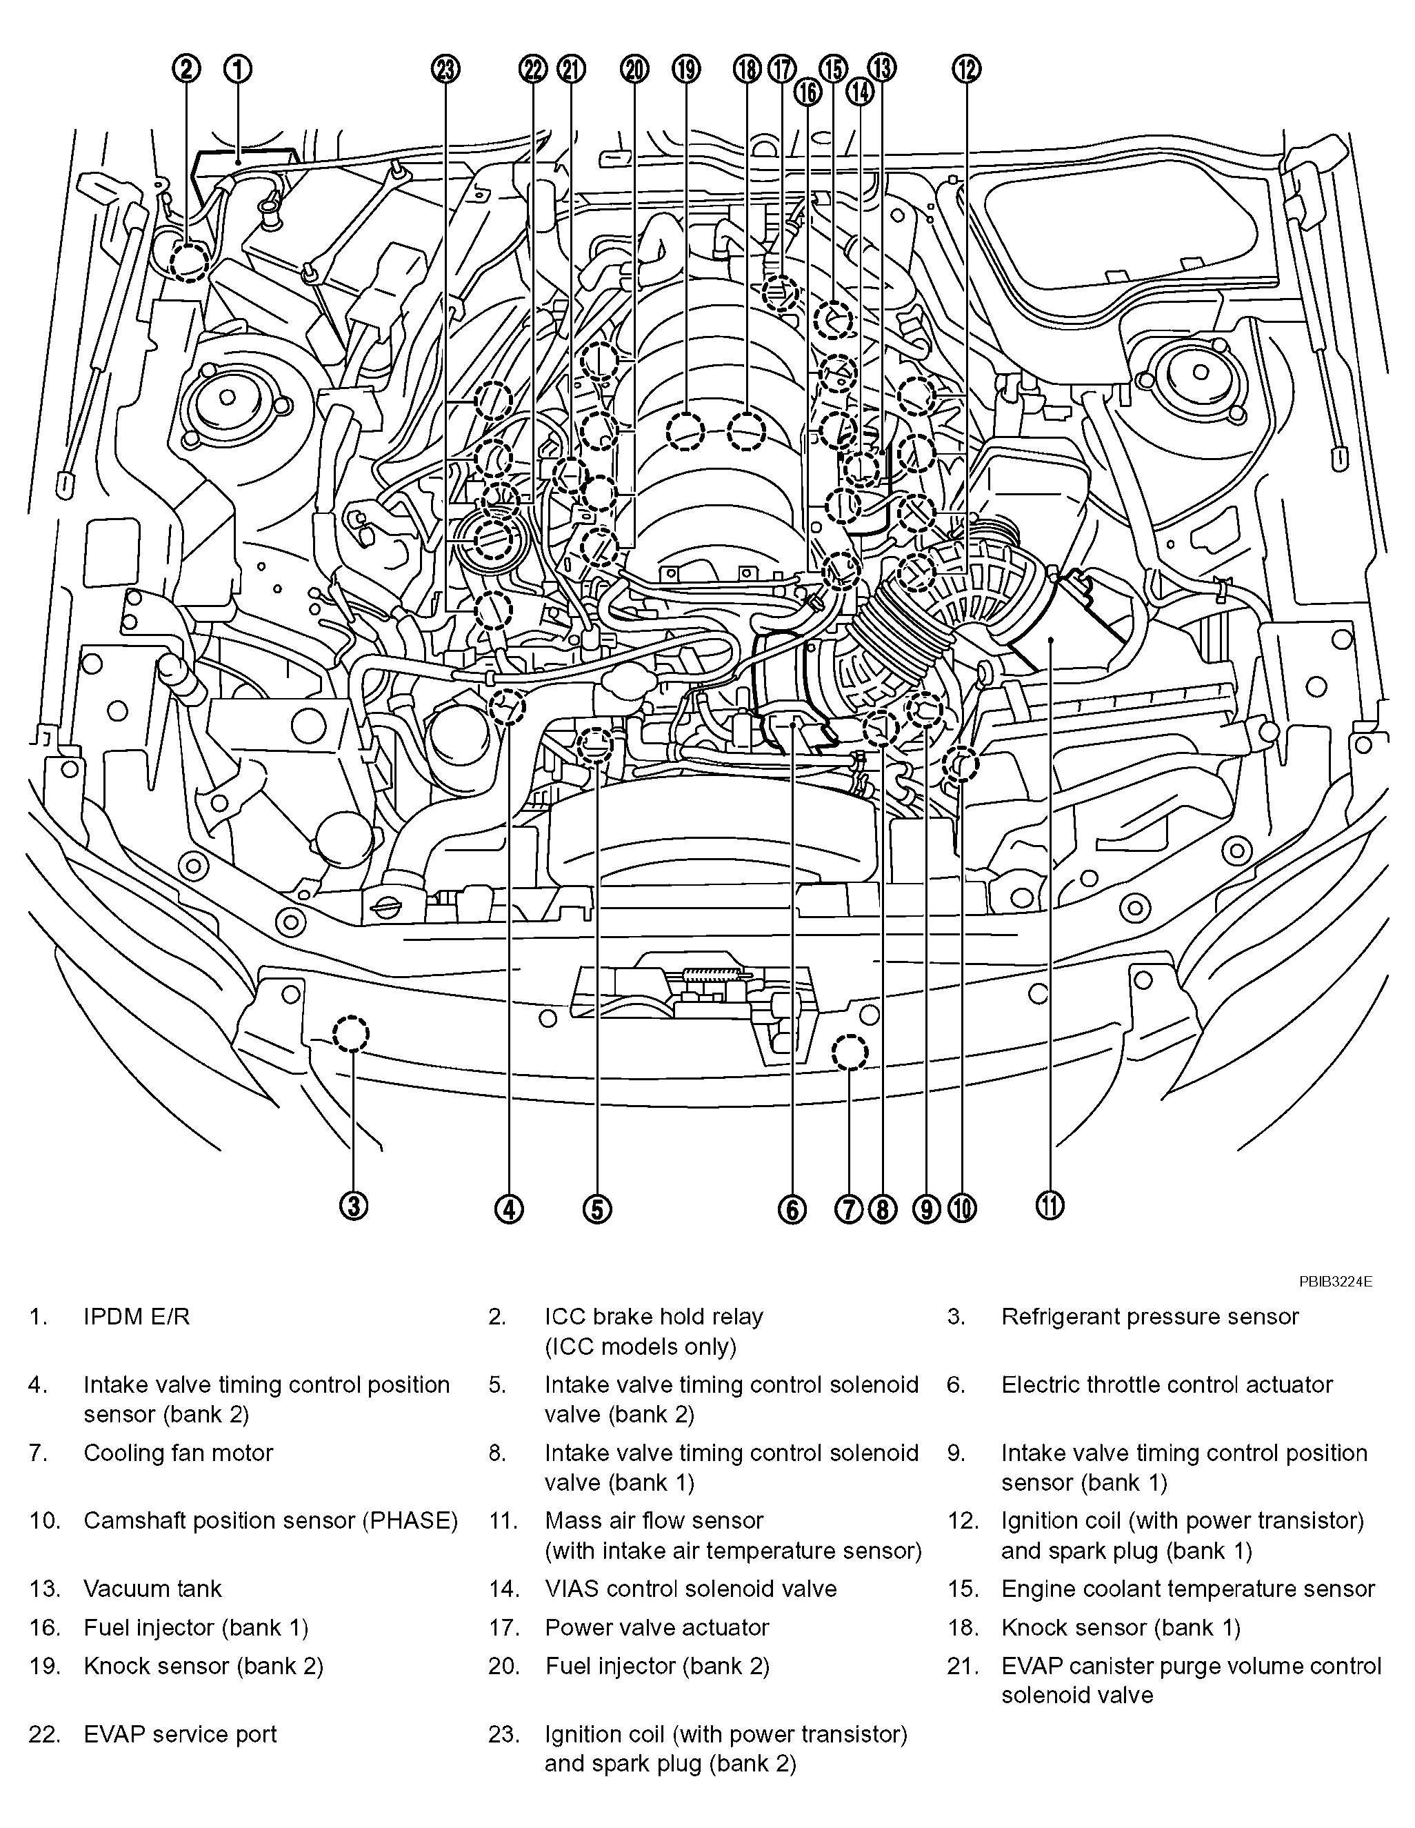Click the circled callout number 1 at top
click(238, 70)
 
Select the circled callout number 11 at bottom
click(1051, 1206)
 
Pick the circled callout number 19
click(685, 70)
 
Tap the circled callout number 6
click(792, 1208)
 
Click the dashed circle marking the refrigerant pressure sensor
click(350, 1035)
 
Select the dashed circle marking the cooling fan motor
click(850, 1052)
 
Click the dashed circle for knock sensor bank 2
click(685, 432)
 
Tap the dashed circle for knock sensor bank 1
click(746, 432)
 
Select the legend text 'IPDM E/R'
click(137, 1317)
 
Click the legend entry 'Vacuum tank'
click(152, 1589)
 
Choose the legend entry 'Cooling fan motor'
click(178, 1452)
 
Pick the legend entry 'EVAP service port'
click(180, 1734)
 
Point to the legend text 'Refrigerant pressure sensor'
click(1150, 1317)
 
